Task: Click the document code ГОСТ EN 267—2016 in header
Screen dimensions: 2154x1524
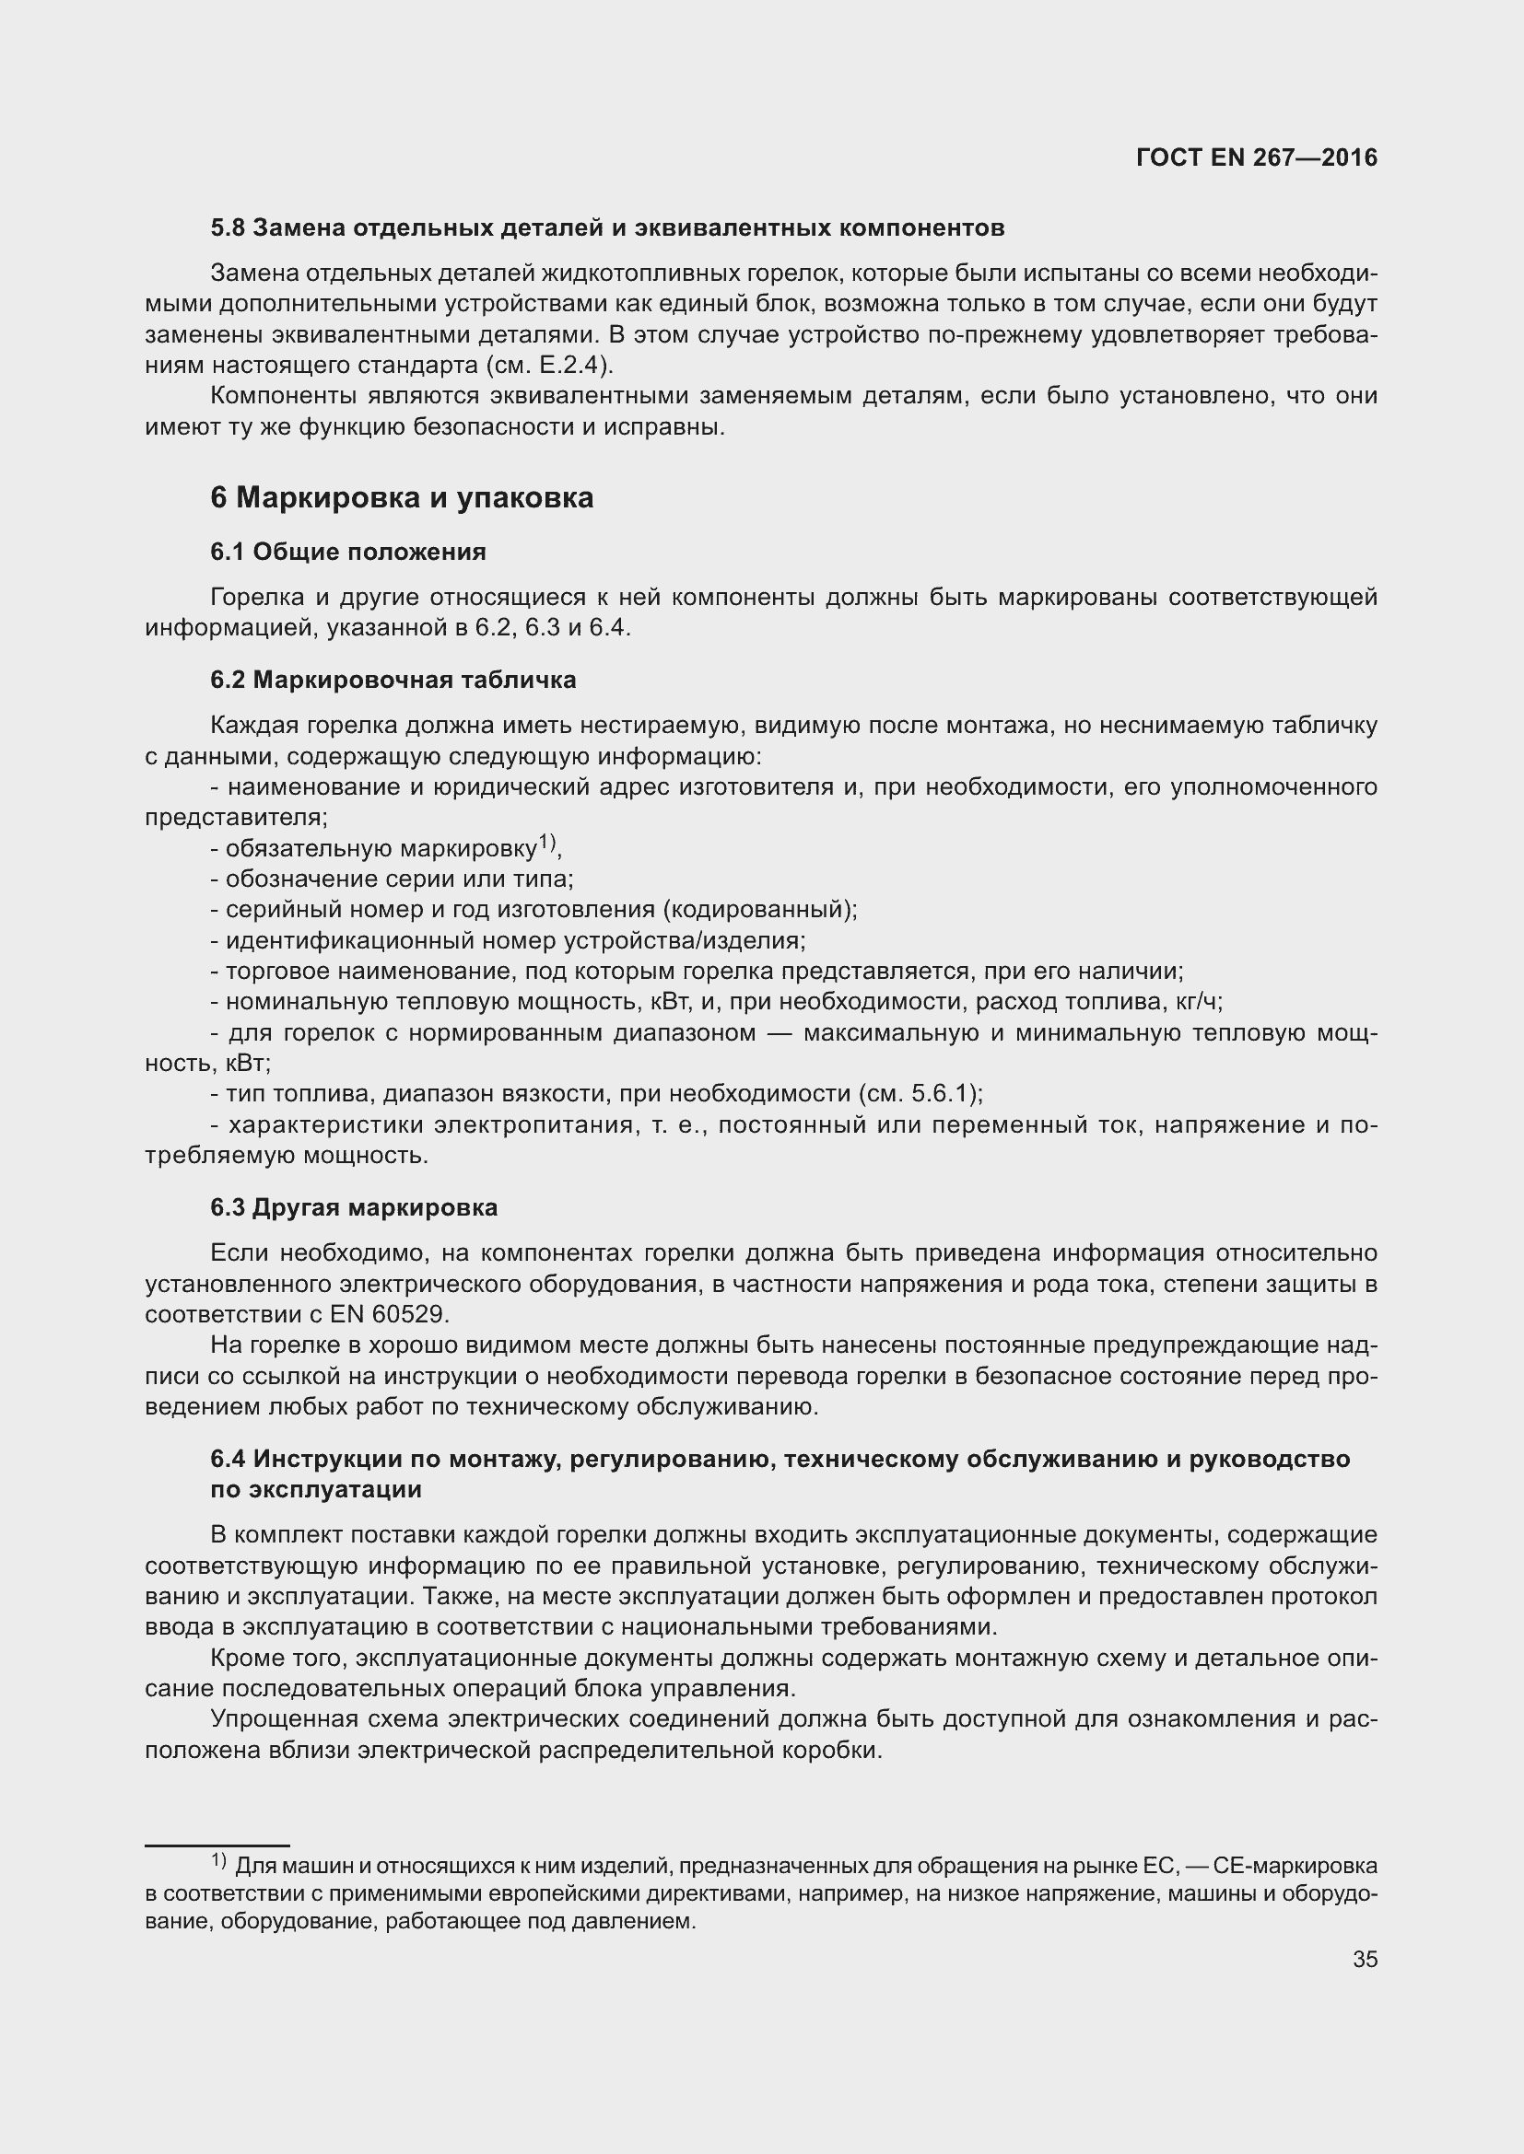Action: [x=1256, y=157]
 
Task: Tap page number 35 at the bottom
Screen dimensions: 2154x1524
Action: [x=1365, y=1960]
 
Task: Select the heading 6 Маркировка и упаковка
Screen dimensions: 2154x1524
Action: [x=402, y=497]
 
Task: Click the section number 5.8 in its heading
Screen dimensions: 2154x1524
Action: [x=227, y=228]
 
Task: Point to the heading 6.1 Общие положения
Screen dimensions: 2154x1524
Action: [x=348, y=552]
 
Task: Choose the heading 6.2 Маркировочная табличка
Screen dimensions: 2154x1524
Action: [x=393, y=681]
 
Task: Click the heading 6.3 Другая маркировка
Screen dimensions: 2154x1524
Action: [x=354, y=1207]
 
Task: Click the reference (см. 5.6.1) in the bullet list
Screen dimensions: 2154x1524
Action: [x=920, y=1094]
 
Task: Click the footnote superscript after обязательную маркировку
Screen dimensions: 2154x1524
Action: [x=547, y=844]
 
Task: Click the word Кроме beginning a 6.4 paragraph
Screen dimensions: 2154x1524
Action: [x=244, y=1659]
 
